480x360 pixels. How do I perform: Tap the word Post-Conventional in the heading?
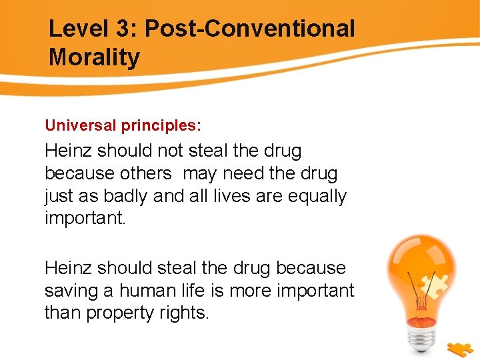[250, 29]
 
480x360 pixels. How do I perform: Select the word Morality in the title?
[94, 57]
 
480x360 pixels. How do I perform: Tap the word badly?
[133, 197]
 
